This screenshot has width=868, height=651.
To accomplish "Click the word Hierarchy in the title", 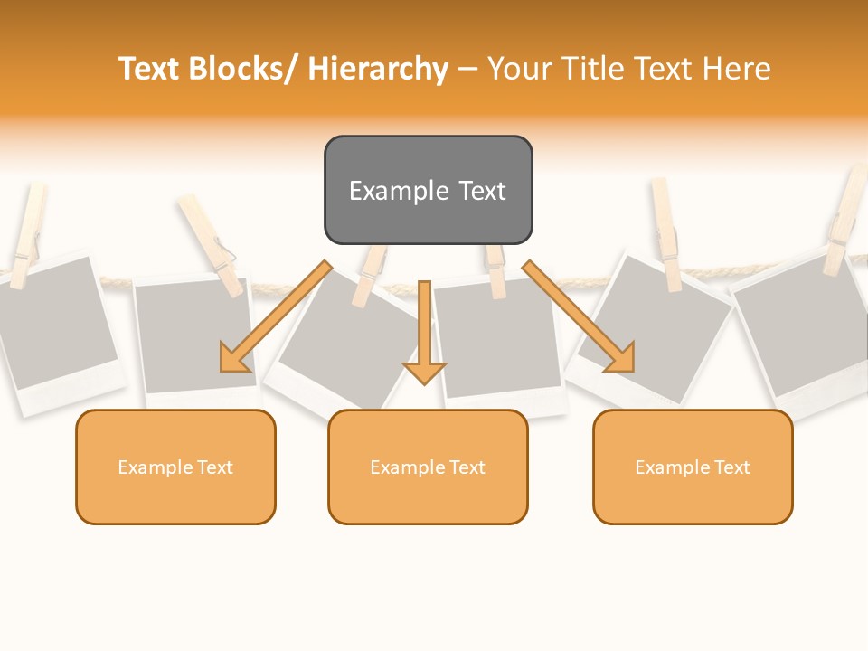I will pos(378,69).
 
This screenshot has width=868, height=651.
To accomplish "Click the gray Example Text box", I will pos(428,190).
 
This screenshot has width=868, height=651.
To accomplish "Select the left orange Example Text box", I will pos(175,467).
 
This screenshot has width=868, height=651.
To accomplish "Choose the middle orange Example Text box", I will pos(428,467).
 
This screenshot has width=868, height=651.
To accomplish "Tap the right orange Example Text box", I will pos(693,467).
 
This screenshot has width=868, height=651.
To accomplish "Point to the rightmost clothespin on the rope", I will pos(846,222).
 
